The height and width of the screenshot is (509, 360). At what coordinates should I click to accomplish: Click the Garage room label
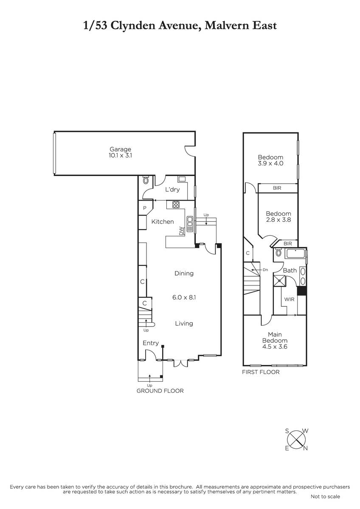click(x=120, y=149)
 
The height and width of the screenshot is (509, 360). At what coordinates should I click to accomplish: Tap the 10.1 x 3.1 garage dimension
click(x=120, y=156)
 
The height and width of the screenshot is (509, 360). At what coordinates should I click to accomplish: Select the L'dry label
click(x=172, y=190)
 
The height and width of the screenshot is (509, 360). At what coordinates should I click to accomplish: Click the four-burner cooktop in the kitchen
click(x=176, y=204)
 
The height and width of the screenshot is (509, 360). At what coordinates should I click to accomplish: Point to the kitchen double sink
click(x=190, y=224)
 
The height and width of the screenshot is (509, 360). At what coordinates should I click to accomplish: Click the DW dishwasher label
click(x=181, y=231)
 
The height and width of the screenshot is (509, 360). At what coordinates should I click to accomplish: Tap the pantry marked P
click(x=145, y=208)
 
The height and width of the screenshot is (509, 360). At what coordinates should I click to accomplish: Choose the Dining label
click(x=184, y=273)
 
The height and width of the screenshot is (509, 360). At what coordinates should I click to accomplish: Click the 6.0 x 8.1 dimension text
click(x=184, y=297)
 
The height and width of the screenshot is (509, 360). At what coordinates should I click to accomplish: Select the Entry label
click(x=151, y=343)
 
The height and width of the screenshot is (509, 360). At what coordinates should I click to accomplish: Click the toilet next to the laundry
click(x=146, y=180)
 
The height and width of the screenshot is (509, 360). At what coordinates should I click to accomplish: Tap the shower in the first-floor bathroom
click(x=279, y=281)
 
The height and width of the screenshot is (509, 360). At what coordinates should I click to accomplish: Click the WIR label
click(x=289, y=299)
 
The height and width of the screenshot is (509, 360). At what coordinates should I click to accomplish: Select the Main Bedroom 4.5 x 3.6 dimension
click(x=275, y=347)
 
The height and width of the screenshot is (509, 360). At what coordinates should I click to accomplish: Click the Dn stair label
click(x=265, y=270)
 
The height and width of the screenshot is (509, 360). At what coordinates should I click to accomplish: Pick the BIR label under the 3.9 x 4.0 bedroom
click(x=277, y=188)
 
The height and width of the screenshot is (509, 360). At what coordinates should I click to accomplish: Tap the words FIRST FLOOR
click(x=261, y=372)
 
